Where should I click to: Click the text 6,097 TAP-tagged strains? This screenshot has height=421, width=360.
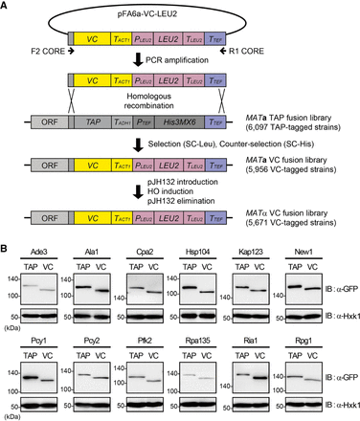[304, 128]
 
